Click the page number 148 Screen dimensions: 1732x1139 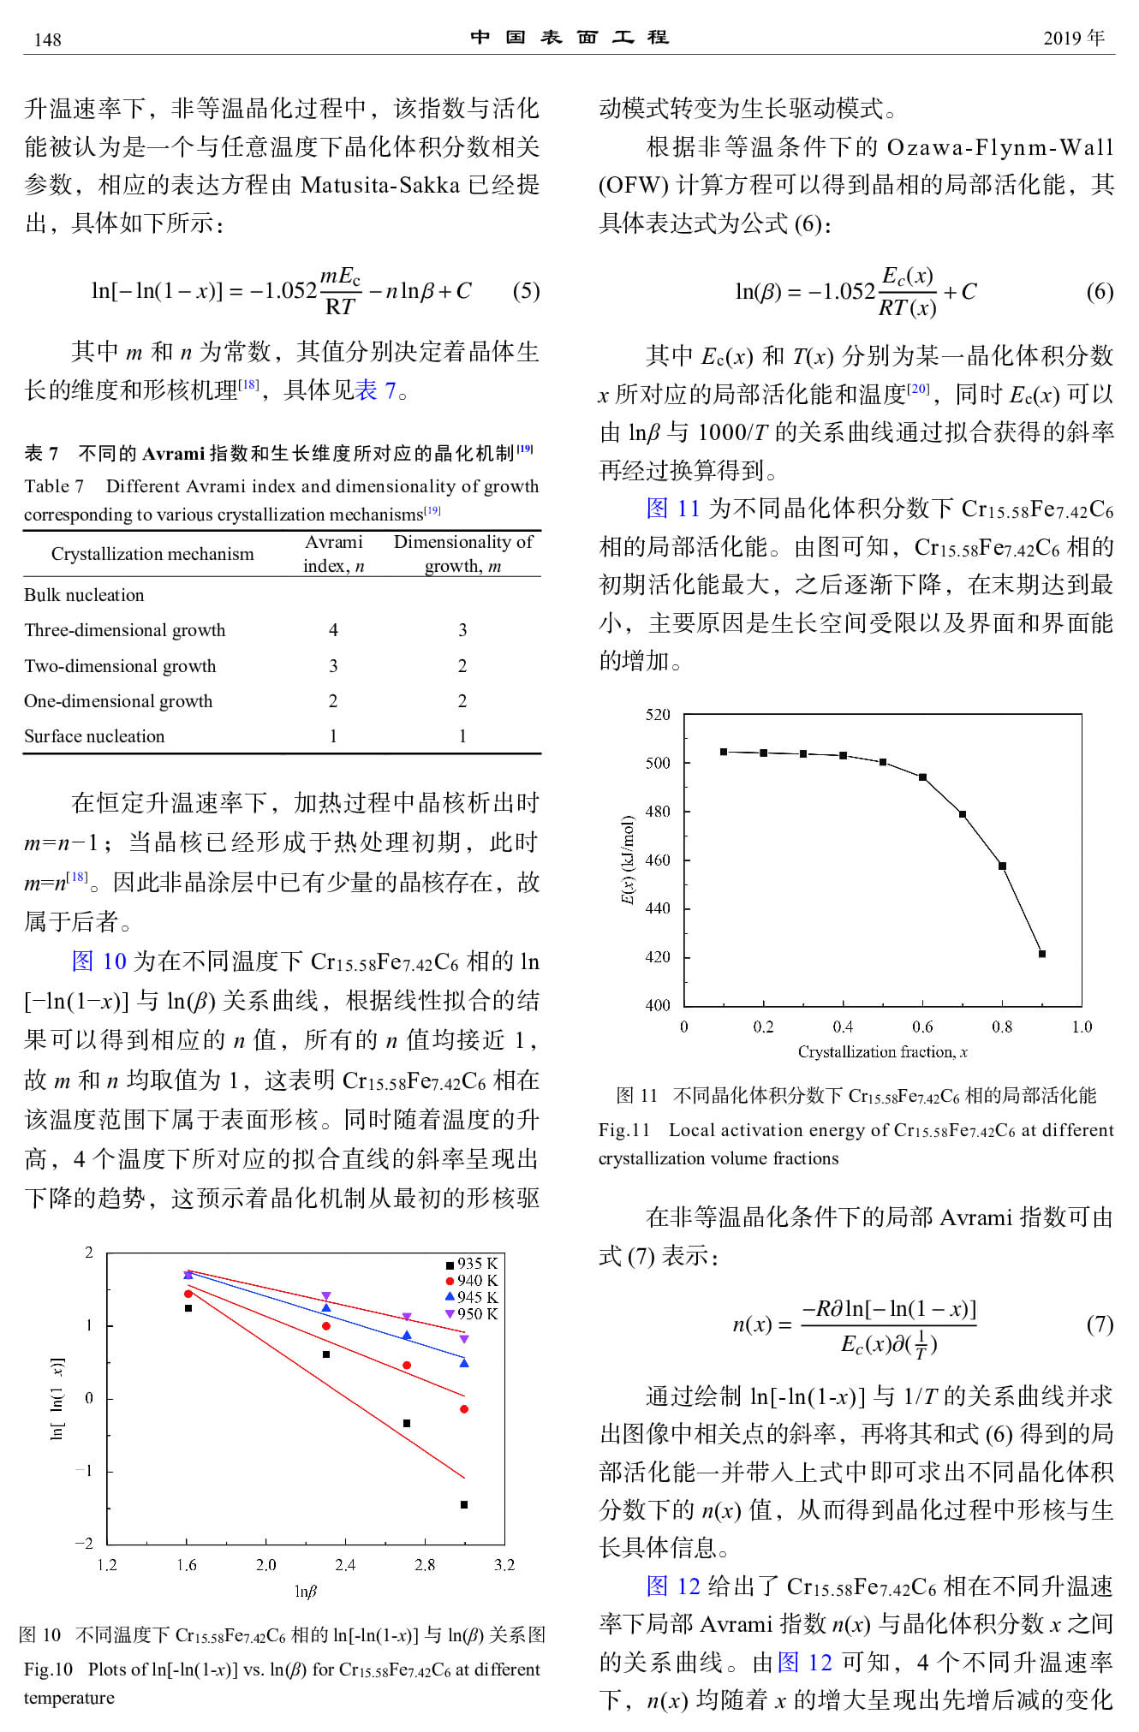(x=47, y=39)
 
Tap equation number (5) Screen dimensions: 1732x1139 (x=526, y=291)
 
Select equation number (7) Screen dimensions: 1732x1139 (x=1100, y=1324)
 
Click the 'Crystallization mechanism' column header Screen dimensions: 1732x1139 (x=152, y=554)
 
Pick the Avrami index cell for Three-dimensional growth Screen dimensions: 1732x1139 (x=333, y=630)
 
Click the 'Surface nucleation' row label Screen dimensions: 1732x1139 (x=94, y=736)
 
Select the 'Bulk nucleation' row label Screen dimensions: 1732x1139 (x=84, y=595)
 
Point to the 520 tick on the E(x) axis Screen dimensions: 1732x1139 (x=658, y=715)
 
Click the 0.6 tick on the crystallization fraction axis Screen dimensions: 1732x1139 (x=922, y=1027)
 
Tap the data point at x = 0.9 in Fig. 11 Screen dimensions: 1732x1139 (x=1042, y=954)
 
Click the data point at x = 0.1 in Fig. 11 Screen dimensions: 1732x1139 (x=724, y=752)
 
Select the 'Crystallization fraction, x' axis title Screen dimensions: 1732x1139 (x=882, y=1052)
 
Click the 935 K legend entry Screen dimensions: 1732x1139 (x=471, y=1264)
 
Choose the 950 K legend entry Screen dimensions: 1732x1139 (x=471, y=1313)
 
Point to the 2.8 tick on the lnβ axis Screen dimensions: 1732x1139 (x=425, y=1565)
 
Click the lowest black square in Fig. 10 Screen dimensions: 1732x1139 (x=464, y=1504)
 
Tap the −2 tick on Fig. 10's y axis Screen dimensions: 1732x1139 (x=84, y=1544)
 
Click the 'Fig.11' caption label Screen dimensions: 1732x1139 (x=624, y=1130)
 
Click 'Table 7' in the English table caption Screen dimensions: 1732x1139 (x=54, y=486)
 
